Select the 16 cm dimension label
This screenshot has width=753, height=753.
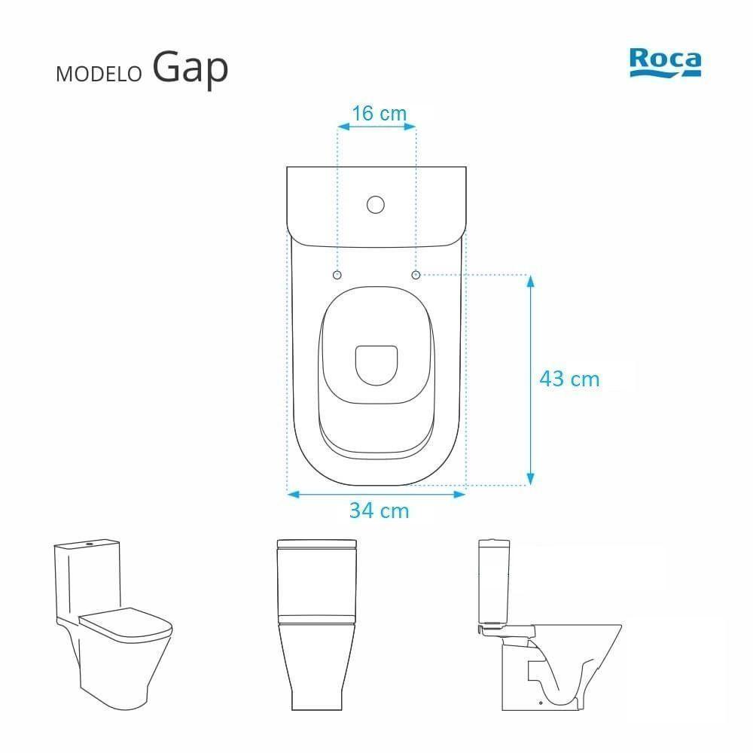click(379, 114)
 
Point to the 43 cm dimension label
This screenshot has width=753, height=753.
click(569, 379)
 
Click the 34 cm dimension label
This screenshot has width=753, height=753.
click(379, 511)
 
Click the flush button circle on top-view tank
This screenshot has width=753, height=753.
click(375, 204)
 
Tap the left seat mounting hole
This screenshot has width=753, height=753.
click(337, 275)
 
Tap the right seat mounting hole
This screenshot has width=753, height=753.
click(416, 275)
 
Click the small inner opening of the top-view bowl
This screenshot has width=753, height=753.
click(376, 364)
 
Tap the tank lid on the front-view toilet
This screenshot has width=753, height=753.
click(316, 544)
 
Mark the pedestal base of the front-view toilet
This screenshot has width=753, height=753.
click(316, 678)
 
